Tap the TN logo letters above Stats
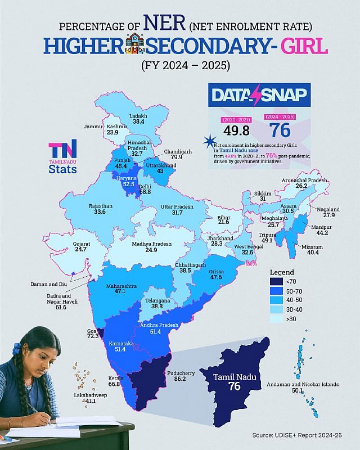click(62, 150)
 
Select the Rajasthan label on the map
click(101, 206)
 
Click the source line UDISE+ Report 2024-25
click(305, 435)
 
